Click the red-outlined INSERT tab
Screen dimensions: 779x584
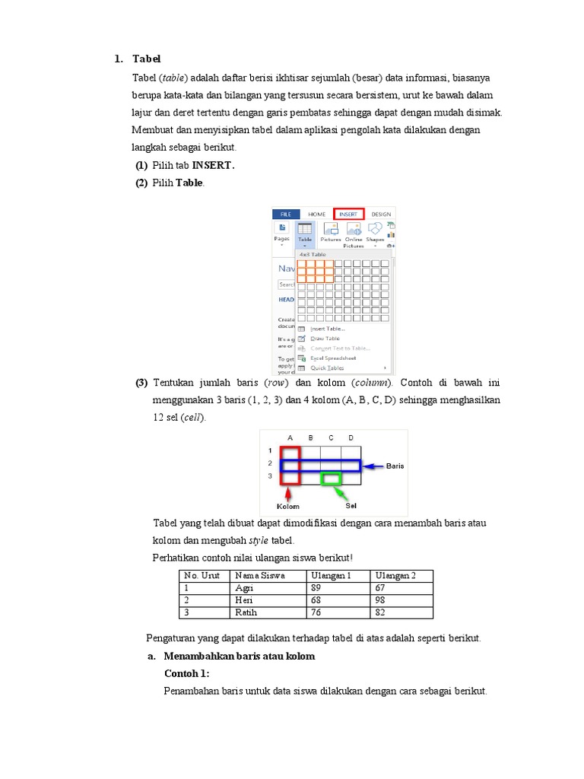(348, 215)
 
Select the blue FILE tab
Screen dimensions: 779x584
(286, 215)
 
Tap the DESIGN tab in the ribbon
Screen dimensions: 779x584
(381, 215)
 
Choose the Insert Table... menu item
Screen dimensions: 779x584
(327, 329)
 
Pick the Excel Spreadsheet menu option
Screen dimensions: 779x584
(332, 358)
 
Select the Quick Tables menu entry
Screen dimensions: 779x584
(327, 367)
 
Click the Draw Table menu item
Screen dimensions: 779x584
(325, 338)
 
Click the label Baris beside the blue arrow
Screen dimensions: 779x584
(395, 466)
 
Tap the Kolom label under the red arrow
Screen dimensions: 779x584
(288, 506)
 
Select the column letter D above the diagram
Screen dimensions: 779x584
(351, 437)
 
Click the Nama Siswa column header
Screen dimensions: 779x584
(259, 576)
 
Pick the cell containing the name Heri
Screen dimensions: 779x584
(243, 600)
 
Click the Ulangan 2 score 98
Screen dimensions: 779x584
(381, 600)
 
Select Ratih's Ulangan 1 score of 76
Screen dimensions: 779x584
(316, 612)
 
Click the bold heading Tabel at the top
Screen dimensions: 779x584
(147, 59)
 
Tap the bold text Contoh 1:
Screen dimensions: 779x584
(186, 674)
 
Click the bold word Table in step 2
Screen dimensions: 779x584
(190, 183)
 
